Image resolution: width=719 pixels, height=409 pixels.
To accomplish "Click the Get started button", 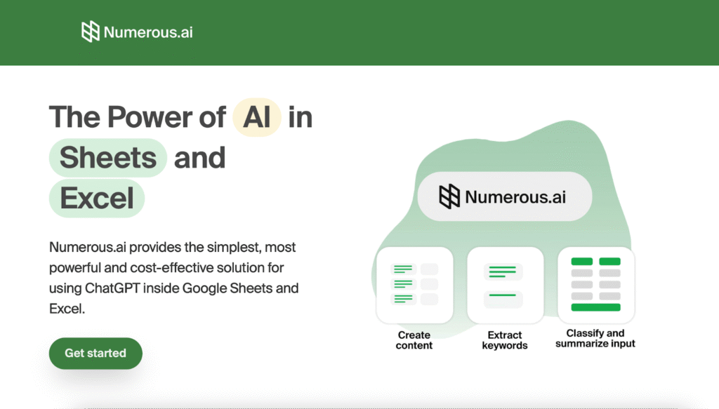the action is point(95,353).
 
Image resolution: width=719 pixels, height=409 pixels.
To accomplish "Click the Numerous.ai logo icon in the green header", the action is point(91,32).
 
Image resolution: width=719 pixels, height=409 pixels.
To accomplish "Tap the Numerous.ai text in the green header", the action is point(148,32).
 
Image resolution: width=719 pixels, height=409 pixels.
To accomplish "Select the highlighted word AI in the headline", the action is point(257,117).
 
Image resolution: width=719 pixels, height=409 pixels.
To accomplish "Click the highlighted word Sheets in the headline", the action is point(107,158).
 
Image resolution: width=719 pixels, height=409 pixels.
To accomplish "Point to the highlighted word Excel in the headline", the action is point(97,199).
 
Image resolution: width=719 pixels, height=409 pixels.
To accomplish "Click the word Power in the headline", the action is point(150,117).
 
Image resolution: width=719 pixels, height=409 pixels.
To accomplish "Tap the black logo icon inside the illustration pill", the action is point(449,196).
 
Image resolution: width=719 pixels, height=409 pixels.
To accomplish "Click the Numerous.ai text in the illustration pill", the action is point(515,197).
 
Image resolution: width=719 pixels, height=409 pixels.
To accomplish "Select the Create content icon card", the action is point(414,285).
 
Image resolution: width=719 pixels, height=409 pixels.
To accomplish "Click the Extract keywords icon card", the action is point(506,285).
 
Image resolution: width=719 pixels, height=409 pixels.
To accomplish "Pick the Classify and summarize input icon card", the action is point(596,285).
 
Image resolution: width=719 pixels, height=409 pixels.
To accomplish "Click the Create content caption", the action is point(414,340).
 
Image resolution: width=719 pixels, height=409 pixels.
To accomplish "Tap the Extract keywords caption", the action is point(505,340).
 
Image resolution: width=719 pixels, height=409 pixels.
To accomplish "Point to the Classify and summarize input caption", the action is point(595,338).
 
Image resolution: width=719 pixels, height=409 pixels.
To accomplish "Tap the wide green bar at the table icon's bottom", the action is point(595,307).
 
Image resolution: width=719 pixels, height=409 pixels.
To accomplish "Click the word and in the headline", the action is point(199,158).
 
